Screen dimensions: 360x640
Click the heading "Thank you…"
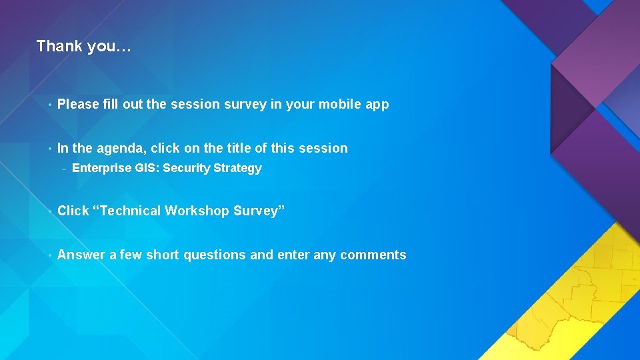tap(84, 46)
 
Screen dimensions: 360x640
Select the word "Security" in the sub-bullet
tap(187, 169)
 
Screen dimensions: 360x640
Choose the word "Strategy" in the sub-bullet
tap(238, 169)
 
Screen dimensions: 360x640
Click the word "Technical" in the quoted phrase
tap(129, 211)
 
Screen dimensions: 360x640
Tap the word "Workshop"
tap(196, 211)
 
